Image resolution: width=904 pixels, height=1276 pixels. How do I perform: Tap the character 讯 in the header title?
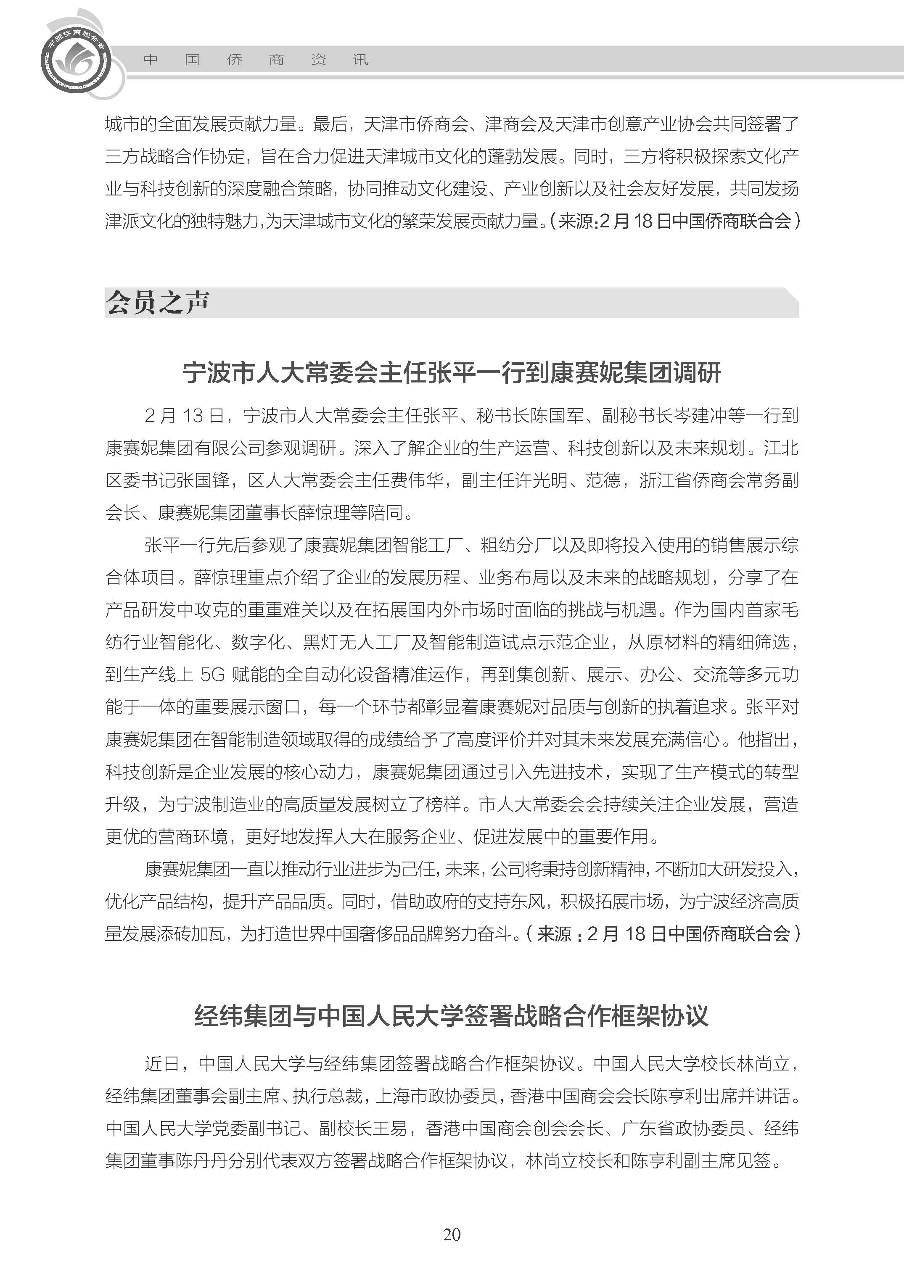pyautogui.click(x=361, y=60)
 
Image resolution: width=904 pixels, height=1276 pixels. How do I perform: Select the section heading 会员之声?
pyautogui.click(x=158, y=303)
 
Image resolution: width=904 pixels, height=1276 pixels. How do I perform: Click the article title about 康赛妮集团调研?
pyautogui.click(x=452, y=373)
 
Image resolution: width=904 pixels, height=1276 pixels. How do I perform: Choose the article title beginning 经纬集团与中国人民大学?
pyautogui.click(x=452, y=1015)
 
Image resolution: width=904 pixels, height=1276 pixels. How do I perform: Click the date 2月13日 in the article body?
pyautogui.click(x=184, y=416)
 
